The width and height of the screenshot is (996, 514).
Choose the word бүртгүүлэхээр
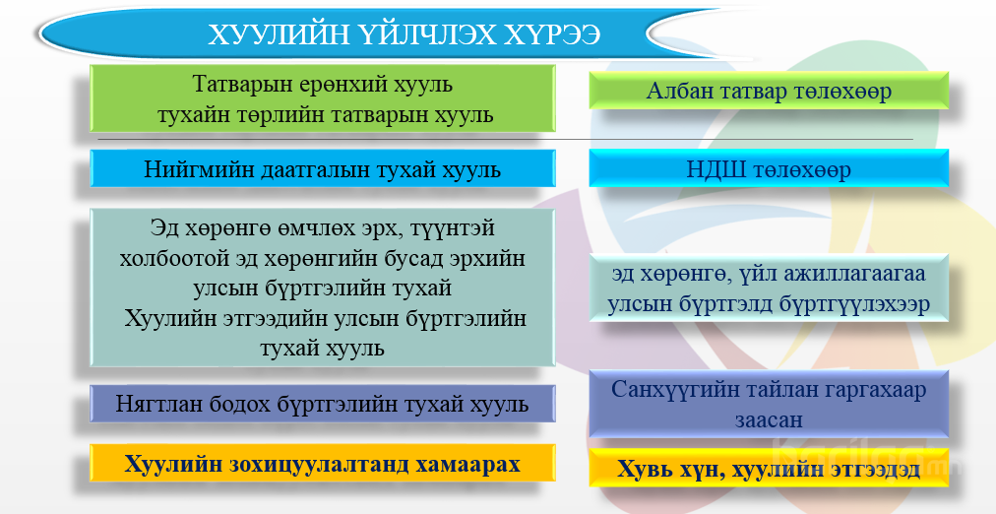pos(853,303)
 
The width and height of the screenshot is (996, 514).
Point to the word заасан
pos(769,420)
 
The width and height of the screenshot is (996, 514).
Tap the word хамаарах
pos(468,465)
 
